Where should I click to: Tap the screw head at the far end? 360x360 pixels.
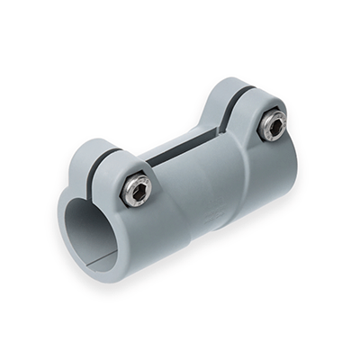272,125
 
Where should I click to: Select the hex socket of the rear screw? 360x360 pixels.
272,125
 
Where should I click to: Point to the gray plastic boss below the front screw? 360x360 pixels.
144,216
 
